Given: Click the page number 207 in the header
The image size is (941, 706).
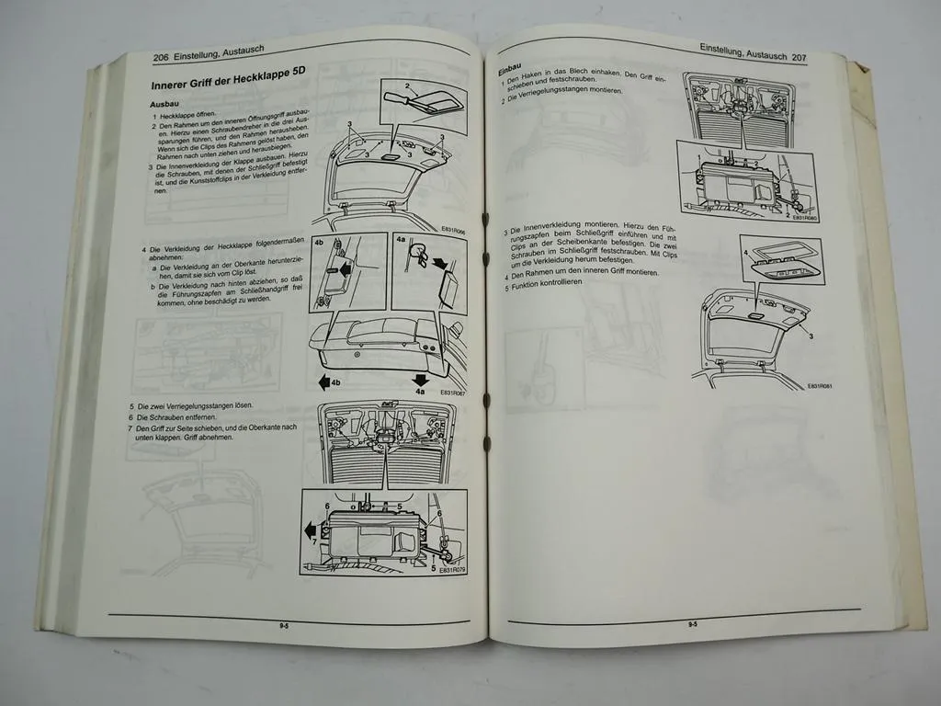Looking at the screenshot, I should tap(798, 57).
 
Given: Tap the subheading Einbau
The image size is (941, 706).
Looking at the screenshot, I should tap(511, 69).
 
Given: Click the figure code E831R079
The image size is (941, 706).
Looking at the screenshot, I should tap(452, 570).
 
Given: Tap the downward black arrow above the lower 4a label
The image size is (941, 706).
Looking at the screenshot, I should tap(420, 379).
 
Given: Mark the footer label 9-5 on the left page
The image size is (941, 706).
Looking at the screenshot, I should tap(286, 625).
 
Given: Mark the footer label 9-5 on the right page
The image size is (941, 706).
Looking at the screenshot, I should tap(692, 624).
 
